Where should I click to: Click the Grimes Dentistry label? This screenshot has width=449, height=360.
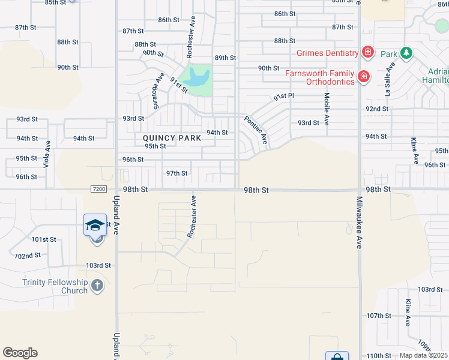[x=328, y=53]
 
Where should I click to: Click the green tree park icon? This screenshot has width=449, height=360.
[x=406, y=53]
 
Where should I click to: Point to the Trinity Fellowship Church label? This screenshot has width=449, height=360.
[x=55, y=286]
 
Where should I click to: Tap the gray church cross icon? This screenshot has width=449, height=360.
[x=98, y=286]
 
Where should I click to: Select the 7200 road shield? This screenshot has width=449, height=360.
[x=99, y=189]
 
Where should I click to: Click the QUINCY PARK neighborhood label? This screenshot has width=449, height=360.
[x=171, y=138]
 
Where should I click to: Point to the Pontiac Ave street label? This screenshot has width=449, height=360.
[x=256, y=130]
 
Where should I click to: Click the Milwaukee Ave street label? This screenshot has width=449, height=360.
[x=359, y=222]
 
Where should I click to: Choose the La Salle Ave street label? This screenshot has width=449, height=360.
[x=388, y=82]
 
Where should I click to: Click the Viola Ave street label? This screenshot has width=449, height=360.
[x=47, y=154]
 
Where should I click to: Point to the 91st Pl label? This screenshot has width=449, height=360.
[x=284, y=96]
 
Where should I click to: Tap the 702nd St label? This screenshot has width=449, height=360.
[x=28, y=256]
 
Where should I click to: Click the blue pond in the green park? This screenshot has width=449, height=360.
[x=196, y=77]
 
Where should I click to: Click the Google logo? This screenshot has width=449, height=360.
[x=20, y=353]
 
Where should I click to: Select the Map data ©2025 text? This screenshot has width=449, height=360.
[x=423, y=355]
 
